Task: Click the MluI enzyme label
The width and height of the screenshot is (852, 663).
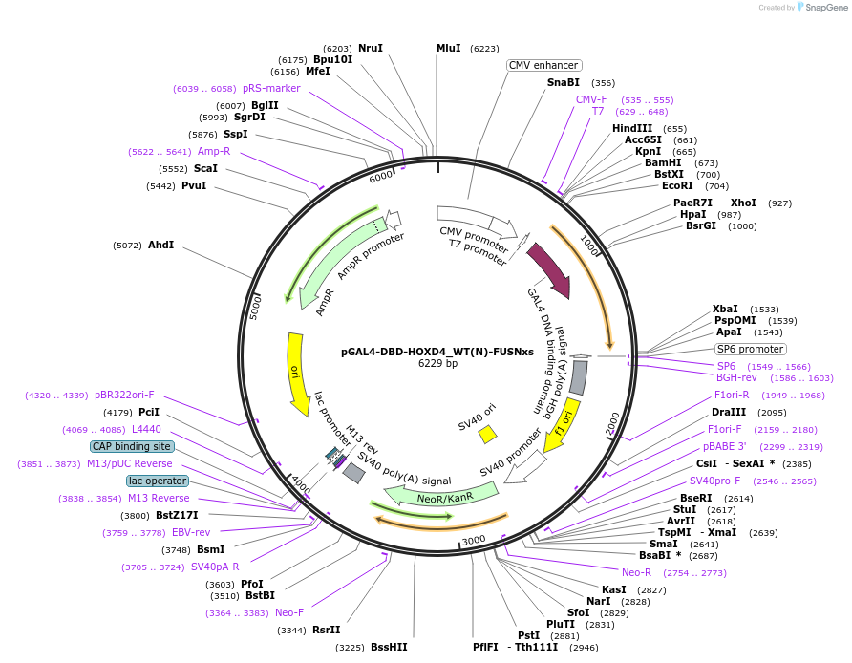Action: pyautogui.click(x=448, y=48)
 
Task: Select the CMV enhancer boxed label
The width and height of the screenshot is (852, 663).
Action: pyautogui.click(x=543, y=65)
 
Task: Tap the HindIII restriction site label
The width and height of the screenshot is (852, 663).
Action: pyautogui.click(x=632, y=128)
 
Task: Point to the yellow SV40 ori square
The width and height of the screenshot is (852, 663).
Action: pyautogui.click(x=487, y=434)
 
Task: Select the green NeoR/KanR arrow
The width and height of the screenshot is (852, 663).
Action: pyautogui.click(x=441, y=496)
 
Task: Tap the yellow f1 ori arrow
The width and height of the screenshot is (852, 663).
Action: pyautogui.click(x=562, y=425)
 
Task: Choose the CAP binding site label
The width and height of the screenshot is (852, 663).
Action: pyautogui.click(x=132, y=446)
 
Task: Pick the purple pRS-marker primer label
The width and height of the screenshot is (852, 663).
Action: pyautogui.click(x=271, y=88)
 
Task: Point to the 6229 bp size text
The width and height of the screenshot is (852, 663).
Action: pyautogui.click(x=437, y=363)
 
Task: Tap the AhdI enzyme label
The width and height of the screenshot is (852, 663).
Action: pyautogui.click(x=160, y=245)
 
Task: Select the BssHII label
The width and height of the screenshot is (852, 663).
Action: pyautogui.click(x=389, y=647)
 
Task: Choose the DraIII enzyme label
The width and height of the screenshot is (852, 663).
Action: pyautogui.click(x=728, y=412)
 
